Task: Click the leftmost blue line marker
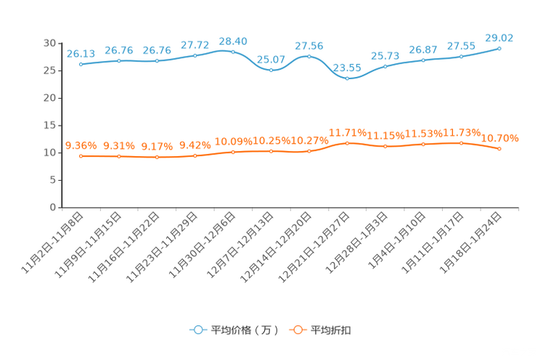point(81,65)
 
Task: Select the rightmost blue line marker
point(499,49)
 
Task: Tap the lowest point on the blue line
point(347,78)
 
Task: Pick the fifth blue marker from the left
point(232,52)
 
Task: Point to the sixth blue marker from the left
point(271,70)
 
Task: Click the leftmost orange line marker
point(81,156)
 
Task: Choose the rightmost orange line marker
point(499,149)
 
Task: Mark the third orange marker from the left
point(157,157)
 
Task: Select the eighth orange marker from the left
point(347,143)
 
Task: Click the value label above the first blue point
point(81,53)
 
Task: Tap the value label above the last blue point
point(499,37)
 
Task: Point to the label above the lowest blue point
point(347,68)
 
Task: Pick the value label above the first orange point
point(81,145)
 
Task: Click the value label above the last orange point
point(501,138)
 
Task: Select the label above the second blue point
point(118,49)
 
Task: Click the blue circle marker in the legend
point(197,330)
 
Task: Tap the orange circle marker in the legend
point(297,330)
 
